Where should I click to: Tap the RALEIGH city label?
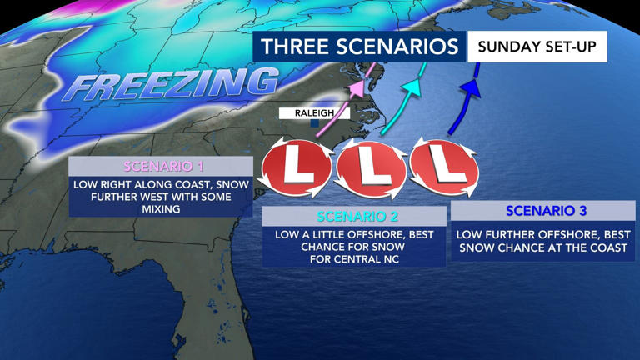click(313, 113)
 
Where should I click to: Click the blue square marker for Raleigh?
click(314, 123)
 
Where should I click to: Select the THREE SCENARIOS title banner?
click(359, 47)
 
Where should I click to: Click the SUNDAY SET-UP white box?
click(537, 47)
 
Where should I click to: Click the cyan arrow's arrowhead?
click(411, 85)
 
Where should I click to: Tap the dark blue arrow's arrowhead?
click(470, 86)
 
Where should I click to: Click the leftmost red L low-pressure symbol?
click(296, 167)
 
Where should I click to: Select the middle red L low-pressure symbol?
click(371, 169)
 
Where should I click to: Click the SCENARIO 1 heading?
click(161, 167)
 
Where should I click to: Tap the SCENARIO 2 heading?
click(354, 217)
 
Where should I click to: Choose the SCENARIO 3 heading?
click(542, 210)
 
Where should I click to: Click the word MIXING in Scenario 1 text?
click(161, 209)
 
